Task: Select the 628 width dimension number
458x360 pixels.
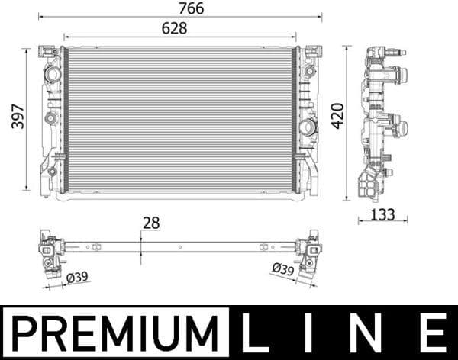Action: tap(173, 28)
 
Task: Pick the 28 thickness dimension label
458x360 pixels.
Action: tap(153, 223)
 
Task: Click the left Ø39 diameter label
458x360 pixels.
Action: tap(77, 278)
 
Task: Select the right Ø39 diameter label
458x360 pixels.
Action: tap(283, 269)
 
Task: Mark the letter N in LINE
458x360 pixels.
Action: tap(373, 333)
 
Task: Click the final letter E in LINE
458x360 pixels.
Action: tap(432, 333)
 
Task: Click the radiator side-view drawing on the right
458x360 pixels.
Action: tap(382, 122)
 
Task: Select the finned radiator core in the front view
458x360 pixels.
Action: tap(180, 118)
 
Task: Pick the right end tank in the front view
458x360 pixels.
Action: tap(308, 118)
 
